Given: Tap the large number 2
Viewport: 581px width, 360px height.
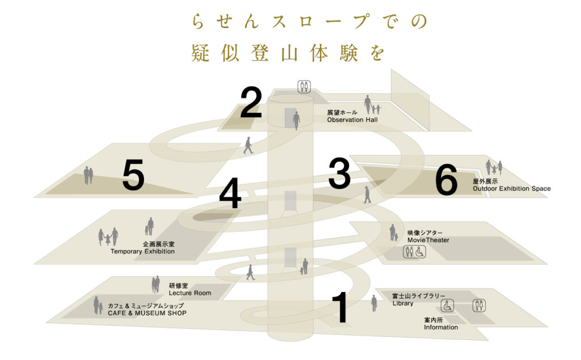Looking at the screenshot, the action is coord(251,102).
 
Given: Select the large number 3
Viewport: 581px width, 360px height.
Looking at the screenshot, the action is coord(339,172).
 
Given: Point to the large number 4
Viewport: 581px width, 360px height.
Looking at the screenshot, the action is coord(230,193).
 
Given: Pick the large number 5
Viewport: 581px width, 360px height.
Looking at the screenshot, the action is coord(133,175).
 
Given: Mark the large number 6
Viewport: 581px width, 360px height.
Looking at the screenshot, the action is coord(446,180).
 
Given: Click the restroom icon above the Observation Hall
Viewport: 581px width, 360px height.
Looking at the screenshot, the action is coord(304,86).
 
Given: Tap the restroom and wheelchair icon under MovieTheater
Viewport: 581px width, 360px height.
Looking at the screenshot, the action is coord(414,252).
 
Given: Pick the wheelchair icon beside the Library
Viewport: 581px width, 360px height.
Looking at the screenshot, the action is coord(448,306).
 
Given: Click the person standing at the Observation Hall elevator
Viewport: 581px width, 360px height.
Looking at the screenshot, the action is coord(296,120).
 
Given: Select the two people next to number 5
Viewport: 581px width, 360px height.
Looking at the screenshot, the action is coord(88,175).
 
